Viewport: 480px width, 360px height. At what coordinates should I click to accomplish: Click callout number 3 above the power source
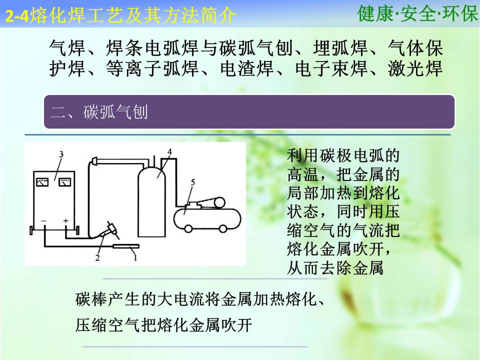(61, 154)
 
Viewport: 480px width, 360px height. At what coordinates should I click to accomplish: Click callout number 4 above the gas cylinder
(169, 152)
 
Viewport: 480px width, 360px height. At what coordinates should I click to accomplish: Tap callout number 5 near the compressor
(193, 182)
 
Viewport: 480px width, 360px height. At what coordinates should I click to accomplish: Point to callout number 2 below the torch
(97, 258)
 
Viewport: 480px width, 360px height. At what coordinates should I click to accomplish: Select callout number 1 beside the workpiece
(135, 258)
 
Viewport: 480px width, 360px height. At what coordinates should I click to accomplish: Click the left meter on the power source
(42, 182)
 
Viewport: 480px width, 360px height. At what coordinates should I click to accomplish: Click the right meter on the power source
(64, 182)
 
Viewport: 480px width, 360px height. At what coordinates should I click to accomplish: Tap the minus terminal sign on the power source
(44, 220)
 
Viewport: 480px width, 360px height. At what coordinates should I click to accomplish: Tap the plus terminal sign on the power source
(66, 220)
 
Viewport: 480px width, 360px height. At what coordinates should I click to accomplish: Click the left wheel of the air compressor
(188, 229)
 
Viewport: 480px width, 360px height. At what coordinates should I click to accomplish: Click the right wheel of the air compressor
(223, 229)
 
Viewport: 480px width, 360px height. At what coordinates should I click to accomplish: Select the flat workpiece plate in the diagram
(126, 246)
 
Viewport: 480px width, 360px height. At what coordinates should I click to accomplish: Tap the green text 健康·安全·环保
(417, 13)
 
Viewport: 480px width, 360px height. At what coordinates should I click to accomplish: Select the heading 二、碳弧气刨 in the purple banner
(99, 111)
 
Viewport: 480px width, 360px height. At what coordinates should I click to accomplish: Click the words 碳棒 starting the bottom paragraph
(91, 299)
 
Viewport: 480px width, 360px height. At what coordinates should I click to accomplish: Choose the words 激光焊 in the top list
(415, 68)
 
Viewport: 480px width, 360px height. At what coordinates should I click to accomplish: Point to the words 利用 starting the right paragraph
(303, 155)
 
